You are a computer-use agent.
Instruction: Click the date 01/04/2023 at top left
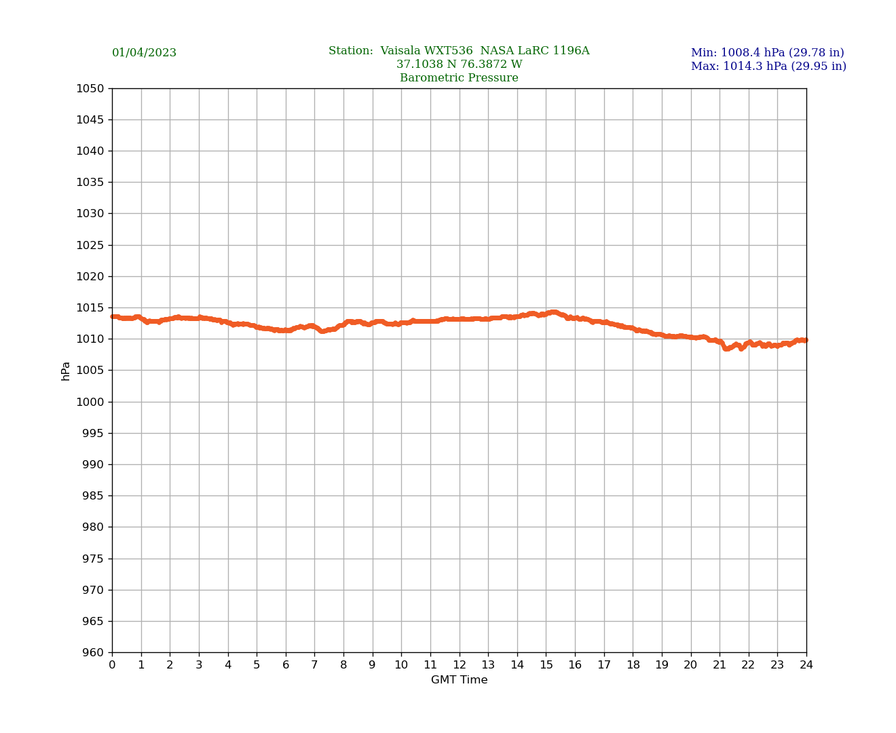click(144, 53)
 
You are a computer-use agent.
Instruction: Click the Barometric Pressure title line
click(459, 78)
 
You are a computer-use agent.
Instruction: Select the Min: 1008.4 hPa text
click(767, 53)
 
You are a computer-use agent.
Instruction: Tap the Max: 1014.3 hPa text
click(768, 67)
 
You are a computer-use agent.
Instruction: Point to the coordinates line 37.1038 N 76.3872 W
click(459, 64)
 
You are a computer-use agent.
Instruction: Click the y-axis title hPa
click(66, 371)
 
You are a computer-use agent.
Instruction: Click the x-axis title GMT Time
click(459, 680)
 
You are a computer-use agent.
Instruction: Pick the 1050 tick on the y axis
click(90, 88)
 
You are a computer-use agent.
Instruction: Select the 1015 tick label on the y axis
click(90, 307)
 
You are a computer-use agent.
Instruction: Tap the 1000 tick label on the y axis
click(90, 402)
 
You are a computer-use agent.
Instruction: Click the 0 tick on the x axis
click(112, 665)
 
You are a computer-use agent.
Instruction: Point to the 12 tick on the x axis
click(460, 665)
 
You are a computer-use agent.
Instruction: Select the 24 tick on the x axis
click(806, 665)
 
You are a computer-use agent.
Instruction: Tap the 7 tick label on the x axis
click(314, 665)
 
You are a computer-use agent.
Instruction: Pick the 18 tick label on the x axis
click(633, 665)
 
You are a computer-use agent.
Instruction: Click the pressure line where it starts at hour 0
click(113, 316)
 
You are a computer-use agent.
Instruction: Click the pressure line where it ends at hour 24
click(805, 340)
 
